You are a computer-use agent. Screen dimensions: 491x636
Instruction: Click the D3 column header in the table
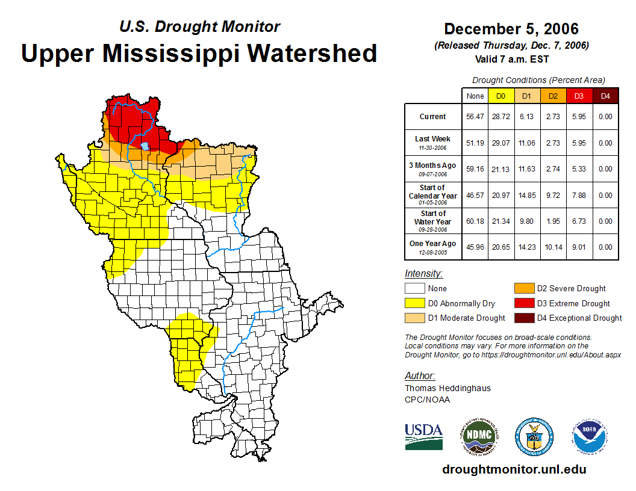pyautogui.click(x=579, y=96)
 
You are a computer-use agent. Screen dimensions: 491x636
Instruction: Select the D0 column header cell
pyautogui.click(x=501, y=96)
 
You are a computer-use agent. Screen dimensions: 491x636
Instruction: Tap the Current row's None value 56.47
pyautogui.click(x=475, y=117)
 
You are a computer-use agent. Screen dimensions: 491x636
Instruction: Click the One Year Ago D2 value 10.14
pyautogui.click(x=553, y=247)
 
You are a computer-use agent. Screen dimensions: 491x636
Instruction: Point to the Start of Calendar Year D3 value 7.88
pyautogui.click(x=579, y=196)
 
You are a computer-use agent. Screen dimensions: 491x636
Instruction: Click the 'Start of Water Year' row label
pyautogui.click(x=433, y=218)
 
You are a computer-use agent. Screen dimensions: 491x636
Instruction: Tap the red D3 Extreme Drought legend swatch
pyautogui.click(x=524, y=303)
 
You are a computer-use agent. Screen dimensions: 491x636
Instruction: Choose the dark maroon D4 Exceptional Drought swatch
pyautogui.click(x=524, y=318)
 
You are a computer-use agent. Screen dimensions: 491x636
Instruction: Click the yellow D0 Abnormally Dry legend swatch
pyautogui.click(x=415, y=303)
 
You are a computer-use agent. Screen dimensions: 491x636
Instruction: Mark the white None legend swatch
pyautogui.click(x=415, y=289)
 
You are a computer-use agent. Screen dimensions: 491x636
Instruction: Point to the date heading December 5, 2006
pyautogui.click(x=511, y=29)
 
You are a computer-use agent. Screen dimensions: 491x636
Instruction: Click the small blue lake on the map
pyautogui.click(x=145, y=145)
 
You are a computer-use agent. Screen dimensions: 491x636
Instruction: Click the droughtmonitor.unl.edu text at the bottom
pyautogui.click(x=514, y=469)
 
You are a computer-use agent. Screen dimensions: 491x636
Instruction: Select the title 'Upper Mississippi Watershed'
pyautogui.click(x=199, y=54)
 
